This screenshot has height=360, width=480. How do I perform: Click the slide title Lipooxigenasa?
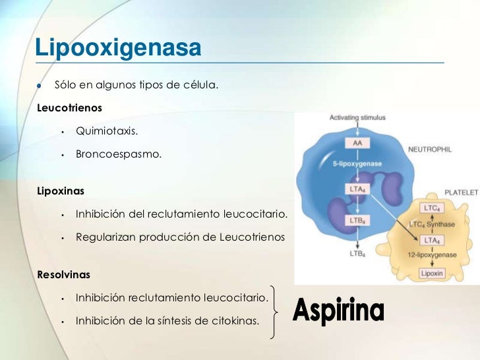(x=117, y=47)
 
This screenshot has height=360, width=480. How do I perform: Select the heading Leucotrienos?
(x=71, y=107)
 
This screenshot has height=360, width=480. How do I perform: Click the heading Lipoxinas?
(x=62, y=191)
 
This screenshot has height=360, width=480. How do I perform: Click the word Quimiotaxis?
(x=107, y=131)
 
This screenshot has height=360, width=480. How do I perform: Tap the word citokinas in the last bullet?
(x=235, y=321)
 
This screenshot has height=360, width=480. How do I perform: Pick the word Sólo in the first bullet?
(x=65, y=86)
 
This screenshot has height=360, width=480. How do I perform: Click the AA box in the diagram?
(x=357, y=143)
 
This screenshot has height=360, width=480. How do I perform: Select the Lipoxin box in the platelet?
(x=432, y=272)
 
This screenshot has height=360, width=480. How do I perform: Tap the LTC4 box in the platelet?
(x=432, y=208)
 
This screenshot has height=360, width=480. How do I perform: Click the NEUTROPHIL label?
(x=430, y=150)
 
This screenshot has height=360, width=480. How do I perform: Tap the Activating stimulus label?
(x=357, y=117)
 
